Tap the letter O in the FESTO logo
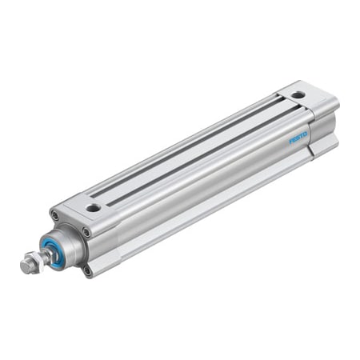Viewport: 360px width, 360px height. (306, 134)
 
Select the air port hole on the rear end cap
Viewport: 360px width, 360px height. (298, 95)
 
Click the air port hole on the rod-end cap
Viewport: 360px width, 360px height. (94, 208)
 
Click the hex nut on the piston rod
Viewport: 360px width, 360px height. (31, 261)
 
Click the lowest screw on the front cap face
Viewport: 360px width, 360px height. (87, 270)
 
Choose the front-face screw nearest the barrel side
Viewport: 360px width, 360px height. (86, 233)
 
